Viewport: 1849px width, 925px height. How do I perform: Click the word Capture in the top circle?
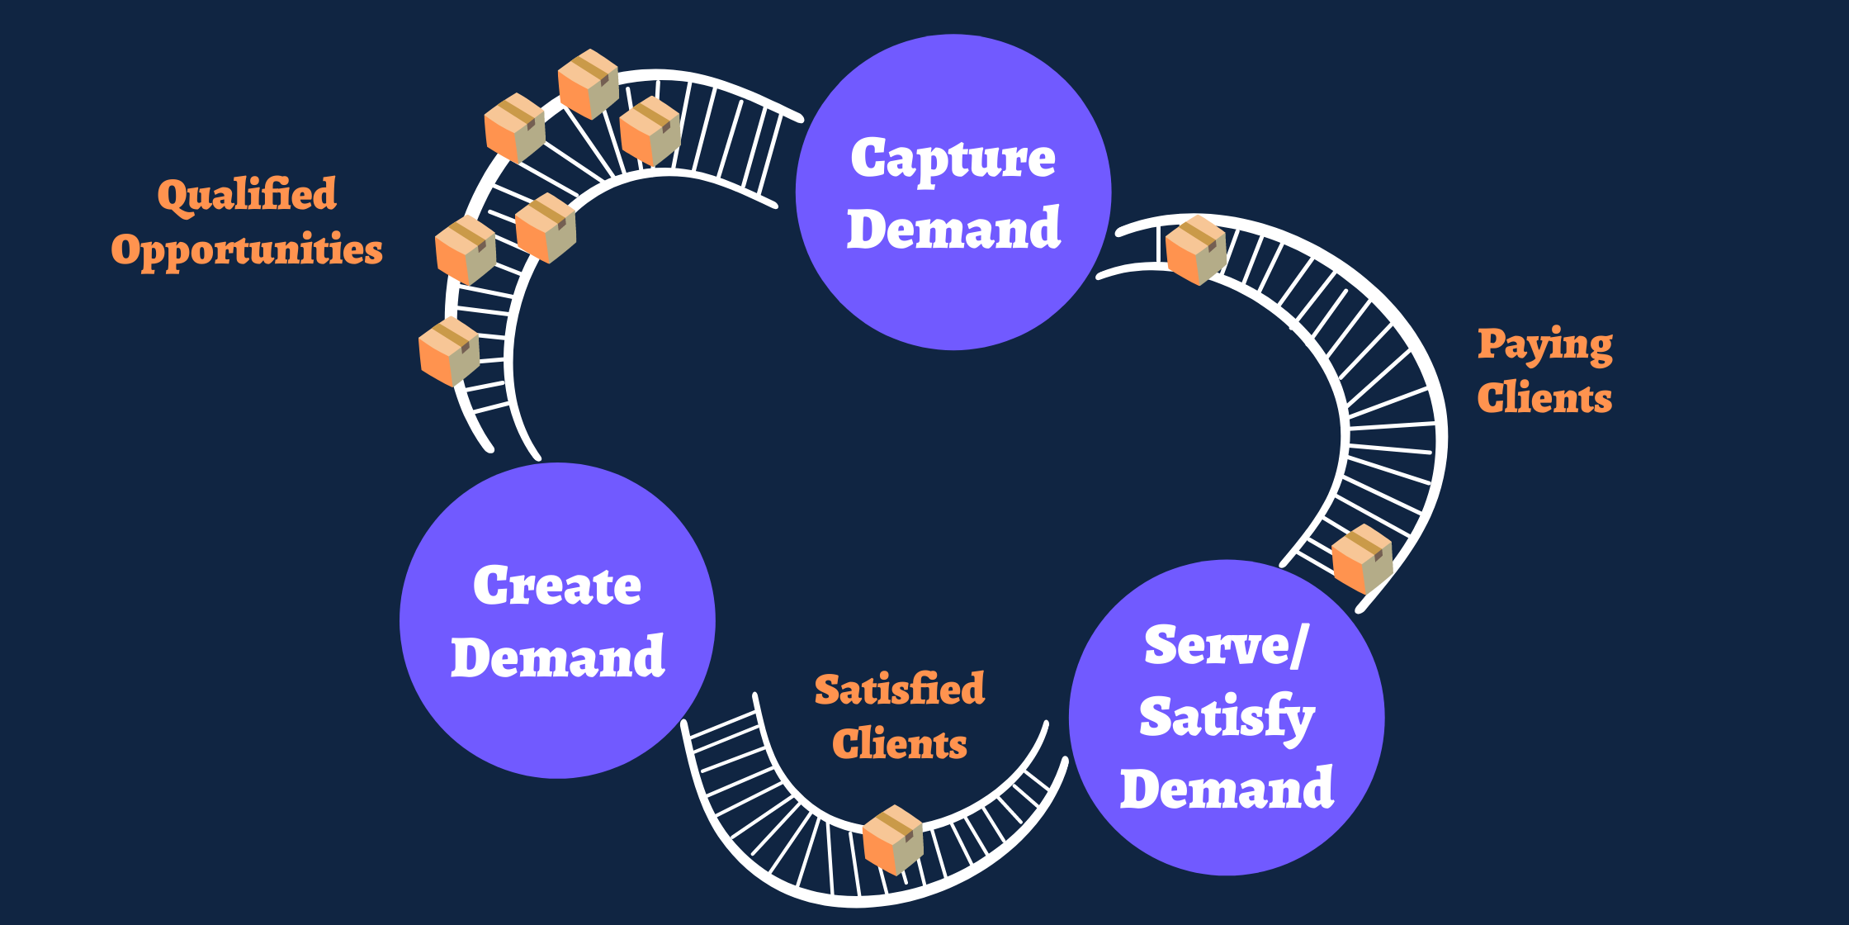pos(953,159)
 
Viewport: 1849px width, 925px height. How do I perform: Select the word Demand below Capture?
pos(953,229)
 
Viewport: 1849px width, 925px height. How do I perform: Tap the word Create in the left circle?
pos(557,586)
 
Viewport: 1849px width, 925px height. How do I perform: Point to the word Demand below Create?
pos(558,658)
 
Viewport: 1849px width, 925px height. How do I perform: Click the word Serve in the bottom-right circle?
pos(1217,646)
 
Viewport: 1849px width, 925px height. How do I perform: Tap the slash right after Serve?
pos(1298,646)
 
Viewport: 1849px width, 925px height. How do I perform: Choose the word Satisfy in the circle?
pos(1227,717)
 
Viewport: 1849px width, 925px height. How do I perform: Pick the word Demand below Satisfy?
pos(1227,789)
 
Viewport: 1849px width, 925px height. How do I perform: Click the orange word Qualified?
pos(247,196)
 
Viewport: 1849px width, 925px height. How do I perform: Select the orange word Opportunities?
pos(247,250)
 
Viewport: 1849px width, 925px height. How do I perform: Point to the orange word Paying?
pos(1544,345)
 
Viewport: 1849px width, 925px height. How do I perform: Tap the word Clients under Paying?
pos(1544,398)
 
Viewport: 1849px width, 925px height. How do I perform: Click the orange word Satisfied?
pos(900,690)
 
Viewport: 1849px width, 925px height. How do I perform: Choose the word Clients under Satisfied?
pos(900,744)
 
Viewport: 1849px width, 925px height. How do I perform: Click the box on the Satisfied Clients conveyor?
pos(893,839)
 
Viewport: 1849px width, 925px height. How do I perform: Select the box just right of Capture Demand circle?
pos(1196,250)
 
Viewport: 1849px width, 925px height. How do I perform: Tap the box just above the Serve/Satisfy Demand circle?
pos(1363,558)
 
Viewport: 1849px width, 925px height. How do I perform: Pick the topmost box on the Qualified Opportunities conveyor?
pos(589,83)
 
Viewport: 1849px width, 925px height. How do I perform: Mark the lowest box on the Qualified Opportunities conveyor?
pos(449,352)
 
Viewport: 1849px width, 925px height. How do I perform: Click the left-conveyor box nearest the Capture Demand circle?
pos(650,130)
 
